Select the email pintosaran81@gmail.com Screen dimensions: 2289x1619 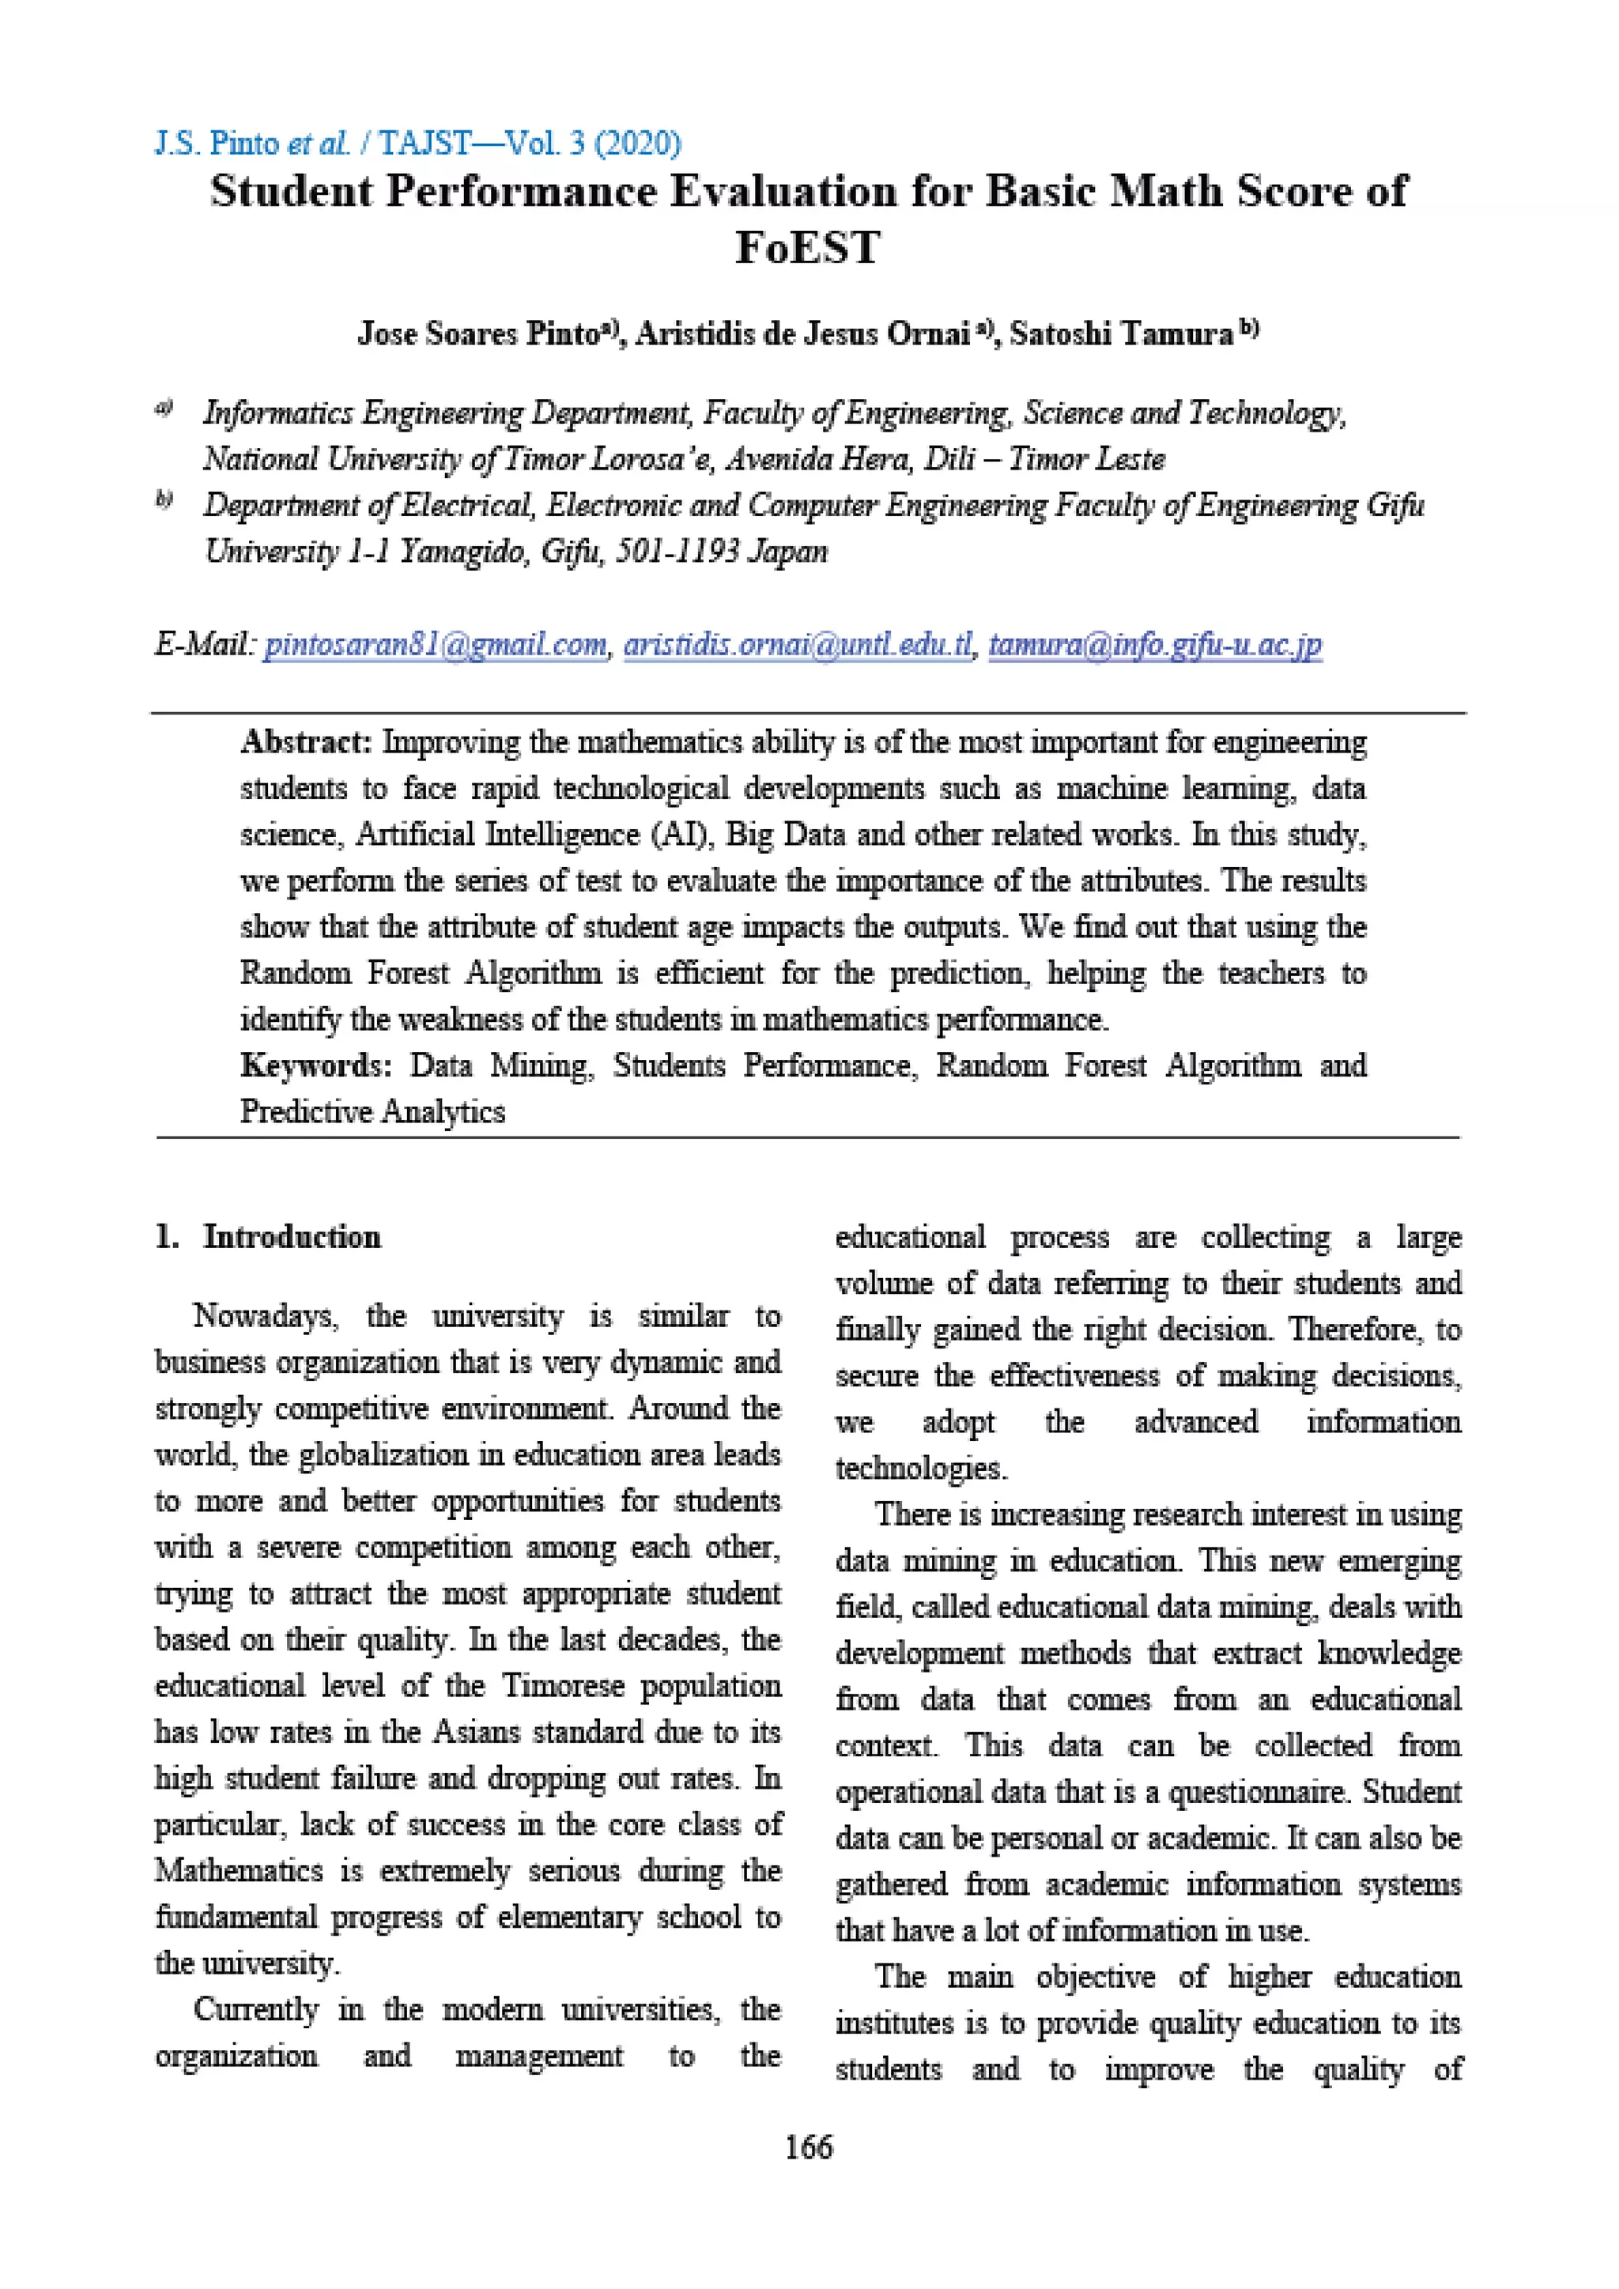[435, 645]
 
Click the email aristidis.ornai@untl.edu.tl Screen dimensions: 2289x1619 [798, 645]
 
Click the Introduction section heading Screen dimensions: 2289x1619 [291, 1236]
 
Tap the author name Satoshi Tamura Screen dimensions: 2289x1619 [1122, 333]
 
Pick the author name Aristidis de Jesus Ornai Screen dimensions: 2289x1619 [802, 333]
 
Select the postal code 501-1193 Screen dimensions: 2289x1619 [676, 552]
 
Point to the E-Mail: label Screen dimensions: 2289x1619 [206, 645]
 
